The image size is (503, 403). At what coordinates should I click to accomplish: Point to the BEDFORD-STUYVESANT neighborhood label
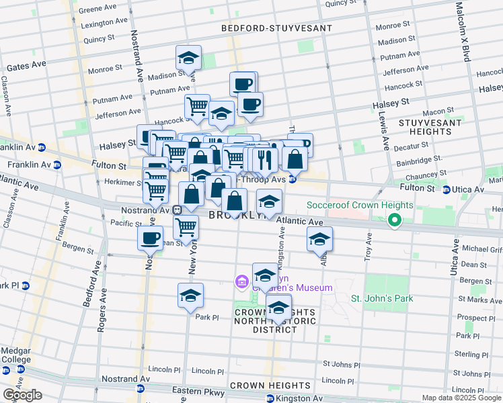[x=278, y=29]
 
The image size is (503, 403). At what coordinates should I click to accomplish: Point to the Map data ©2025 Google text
[x=461, y=398]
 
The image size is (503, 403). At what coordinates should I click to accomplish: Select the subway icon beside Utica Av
[x=447, y=189]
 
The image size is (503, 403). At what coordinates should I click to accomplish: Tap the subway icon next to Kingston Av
[x=270, y=399]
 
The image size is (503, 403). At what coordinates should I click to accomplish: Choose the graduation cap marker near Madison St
[x=189, y=58]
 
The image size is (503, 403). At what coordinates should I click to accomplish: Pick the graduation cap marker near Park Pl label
[x=190, y=296]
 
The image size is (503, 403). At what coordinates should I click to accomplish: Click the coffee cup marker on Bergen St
[x=150, y=237]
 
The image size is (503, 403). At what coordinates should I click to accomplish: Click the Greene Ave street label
[x=97, y=10]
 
